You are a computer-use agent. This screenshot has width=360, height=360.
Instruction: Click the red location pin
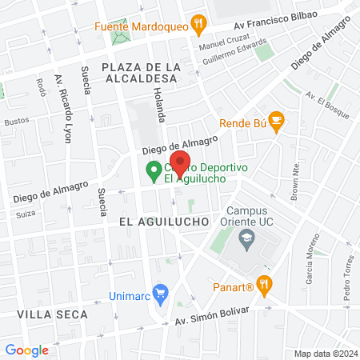tap(180, 162)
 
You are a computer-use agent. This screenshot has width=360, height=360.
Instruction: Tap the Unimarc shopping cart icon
tap(161, 293)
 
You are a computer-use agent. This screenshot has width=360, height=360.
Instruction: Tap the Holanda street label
tap(160, 105)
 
